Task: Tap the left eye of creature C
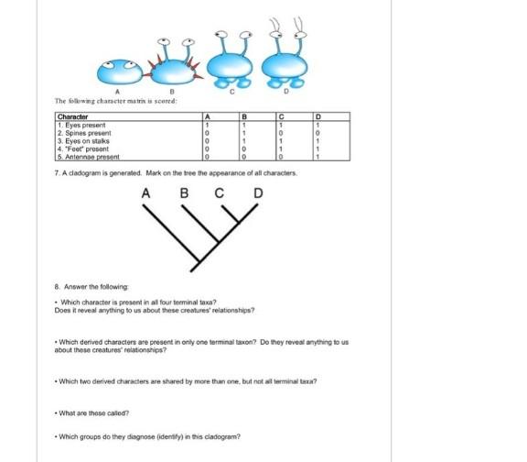click(220, 40)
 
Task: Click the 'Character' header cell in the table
click(72, 117)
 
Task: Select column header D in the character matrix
click(317, 117)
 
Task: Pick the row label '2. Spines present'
click(84, 133)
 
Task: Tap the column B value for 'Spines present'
click(244, 133)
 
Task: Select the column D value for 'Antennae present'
click(317, 157)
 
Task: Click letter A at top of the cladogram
click(146, 194)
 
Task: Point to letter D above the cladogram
click(258, 194)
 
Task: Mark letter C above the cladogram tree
click(220, 194)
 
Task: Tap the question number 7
click(59, 172)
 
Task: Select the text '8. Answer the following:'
click(89, 287)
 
